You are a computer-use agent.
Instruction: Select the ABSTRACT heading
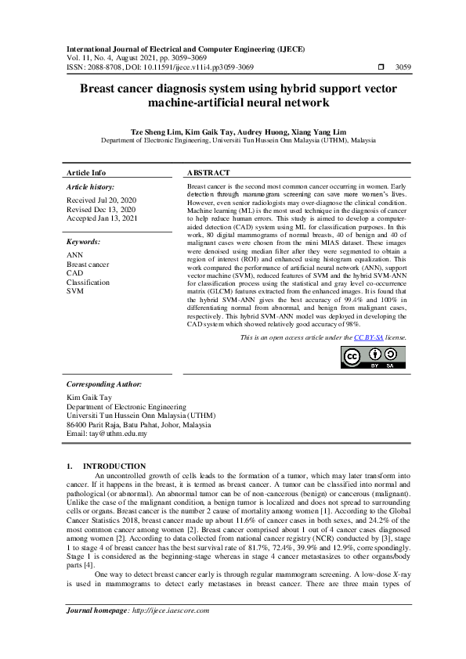208,172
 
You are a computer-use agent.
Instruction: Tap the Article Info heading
86,172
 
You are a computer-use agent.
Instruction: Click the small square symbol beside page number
381,68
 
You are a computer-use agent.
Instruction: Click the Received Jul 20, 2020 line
101,200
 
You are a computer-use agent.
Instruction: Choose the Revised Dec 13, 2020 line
101,210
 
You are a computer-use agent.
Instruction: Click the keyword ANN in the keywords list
74,255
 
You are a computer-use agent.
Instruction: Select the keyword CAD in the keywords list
74,273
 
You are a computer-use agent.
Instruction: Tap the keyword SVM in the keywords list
74,290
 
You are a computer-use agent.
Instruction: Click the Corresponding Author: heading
104,384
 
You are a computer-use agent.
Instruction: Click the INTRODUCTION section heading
114,466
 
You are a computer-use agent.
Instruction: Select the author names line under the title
233,132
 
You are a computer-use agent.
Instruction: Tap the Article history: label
92,187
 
